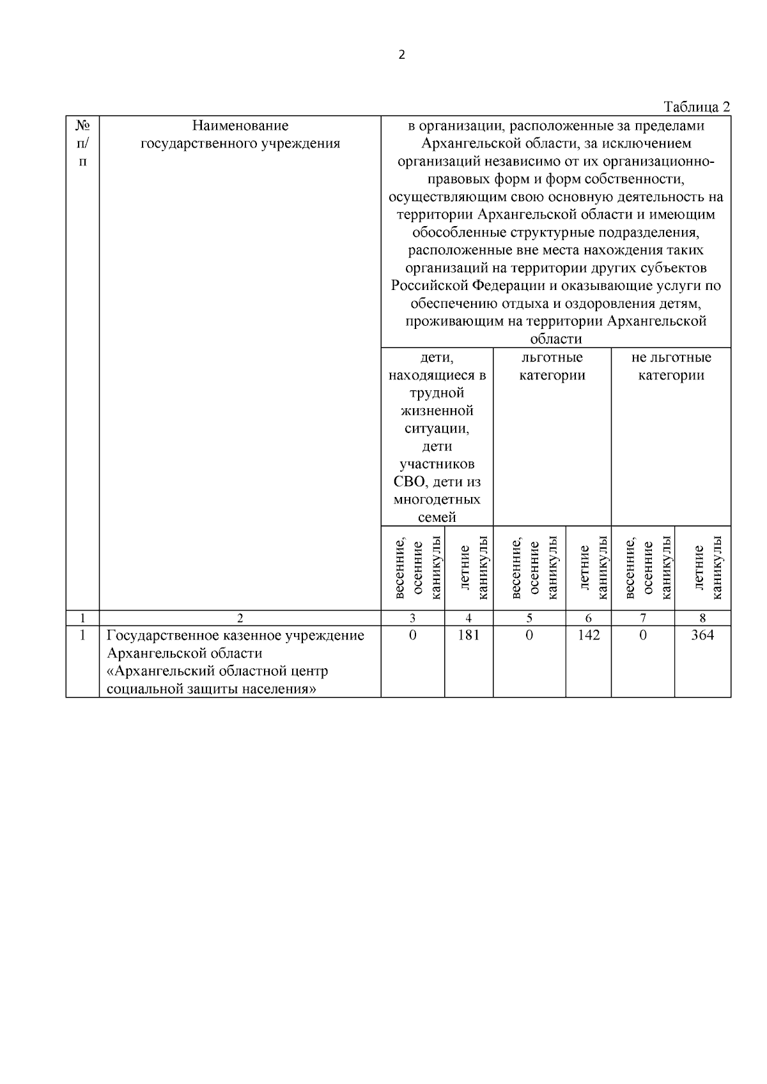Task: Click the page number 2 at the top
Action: coord(401,55)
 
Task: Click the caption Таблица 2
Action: coord(697,107)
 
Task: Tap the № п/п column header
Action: coord(82,143)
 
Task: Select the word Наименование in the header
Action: coord(240,126)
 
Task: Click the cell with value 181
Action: coord(469,635)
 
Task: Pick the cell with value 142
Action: coord(588,635)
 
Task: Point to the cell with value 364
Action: coord(702,635)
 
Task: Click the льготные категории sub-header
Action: coord(552,366)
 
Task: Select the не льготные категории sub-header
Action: coord(670,366)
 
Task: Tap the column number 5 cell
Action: coord(529,618)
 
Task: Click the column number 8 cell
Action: coord(702,618)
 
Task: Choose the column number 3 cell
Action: coord(412,618)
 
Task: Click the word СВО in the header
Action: coord(408,482)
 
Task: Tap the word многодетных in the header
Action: coord(437,499)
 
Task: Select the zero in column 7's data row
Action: coord(642,635)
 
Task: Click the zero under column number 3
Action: coord(412,635)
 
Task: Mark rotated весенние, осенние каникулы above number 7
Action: coord(648,568)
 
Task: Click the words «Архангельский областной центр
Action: coord(217,671)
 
